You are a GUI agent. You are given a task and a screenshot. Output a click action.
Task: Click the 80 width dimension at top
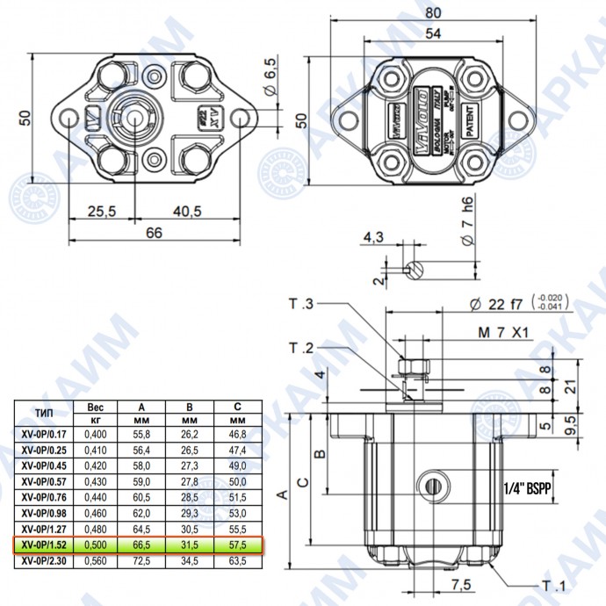(x=431, y=12)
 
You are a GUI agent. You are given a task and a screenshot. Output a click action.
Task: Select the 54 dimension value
(x=431, y=33)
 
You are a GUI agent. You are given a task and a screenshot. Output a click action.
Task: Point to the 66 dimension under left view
(x=154, y=233)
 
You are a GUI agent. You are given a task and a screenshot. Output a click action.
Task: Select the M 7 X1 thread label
(x=505, y=333)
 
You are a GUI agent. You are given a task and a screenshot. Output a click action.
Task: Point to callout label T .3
(x=300, y=304)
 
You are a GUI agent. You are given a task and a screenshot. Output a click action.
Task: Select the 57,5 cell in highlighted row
(x=234, y=545)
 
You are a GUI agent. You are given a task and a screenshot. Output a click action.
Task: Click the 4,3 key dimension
(x=373, y=237)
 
